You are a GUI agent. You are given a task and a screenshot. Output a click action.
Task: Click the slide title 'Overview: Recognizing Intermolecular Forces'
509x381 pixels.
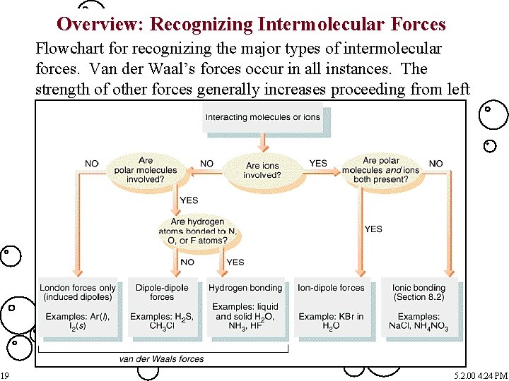(251, 25)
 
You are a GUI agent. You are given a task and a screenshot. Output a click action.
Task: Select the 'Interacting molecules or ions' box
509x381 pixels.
(262, 118)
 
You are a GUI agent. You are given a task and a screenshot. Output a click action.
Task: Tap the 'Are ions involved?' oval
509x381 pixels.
(262, 170)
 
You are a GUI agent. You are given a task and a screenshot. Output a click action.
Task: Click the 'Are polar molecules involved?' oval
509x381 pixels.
(146, 170)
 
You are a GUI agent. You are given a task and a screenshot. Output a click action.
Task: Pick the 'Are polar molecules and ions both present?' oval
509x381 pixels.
(380, 170)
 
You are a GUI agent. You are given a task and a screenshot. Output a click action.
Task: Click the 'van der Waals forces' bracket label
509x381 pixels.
(161, 358)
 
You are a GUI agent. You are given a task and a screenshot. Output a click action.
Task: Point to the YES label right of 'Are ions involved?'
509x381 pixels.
(318, 164)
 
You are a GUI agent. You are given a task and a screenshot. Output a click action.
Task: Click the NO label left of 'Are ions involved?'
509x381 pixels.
(206, 164)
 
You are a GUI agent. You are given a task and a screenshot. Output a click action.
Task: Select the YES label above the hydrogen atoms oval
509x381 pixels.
(189, 200)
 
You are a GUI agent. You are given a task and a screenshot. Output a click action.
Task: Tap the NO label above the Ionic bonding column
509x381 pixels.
(436, 164)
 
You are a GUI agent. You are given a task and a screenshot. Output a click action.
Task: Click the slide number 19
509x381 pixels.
(4, 374)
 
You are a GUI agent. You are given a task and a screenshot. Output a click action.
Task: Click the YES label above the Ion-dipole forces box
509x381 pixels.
(373, 229)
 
